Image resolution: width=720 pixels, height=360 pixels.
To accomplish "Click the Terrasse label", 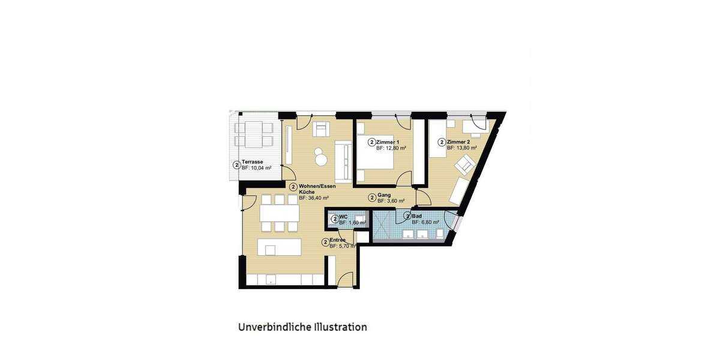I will pos(252,162).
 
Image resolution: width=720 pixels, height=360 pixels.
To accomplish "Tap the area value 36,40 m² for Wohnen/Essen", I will pos(318,198).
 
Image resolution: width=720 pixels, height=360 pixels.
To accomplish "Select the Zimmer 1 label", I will pos(389,142).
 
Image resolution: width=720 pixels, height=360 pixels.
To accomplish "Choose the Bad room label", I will pos(418,216).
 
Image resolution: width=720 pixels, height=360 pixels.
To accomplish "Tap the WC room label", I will pos(343,217).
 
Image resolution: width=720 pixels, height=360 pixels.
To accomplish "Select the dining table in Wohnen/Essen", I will pos(279,213).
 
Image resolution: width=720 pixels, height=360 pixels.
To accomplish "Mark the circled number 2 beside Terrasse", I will pos(236,165).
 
